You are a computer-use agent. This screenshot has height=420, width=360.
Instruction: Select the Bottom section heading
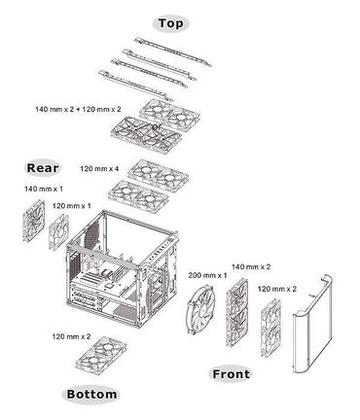coord(91,395)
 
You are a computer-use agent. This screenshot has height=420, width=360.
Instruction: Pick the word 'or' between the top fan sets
coord(158,125)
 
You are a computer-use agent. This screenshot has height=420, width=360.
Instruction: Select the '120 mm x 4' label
coord(98,168)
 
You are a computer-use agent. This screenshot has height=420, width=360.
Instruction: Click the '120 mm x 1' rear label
coord(72,206)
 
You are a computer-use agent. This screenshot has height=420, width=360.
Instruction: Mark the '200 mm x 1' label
coord(207,276)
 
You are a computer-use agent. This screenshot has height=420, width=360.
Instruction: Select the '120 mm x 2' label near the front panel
coord(276,289)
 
